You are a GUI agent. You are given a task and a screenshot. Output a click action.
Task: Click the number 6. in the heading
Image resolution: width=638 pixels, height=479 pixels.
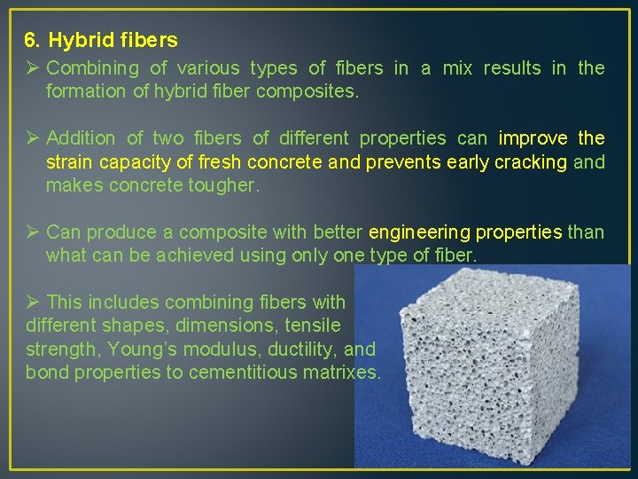[x=33, y=40]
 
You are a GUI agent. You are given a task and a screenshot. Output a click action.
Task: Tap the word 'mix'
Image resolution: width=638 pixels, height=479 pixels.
[x=457, y=68]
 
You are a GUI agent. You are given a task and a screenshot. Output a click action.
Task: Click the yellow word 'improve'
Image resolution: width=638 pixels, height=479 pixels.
[x=533, y=138]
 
